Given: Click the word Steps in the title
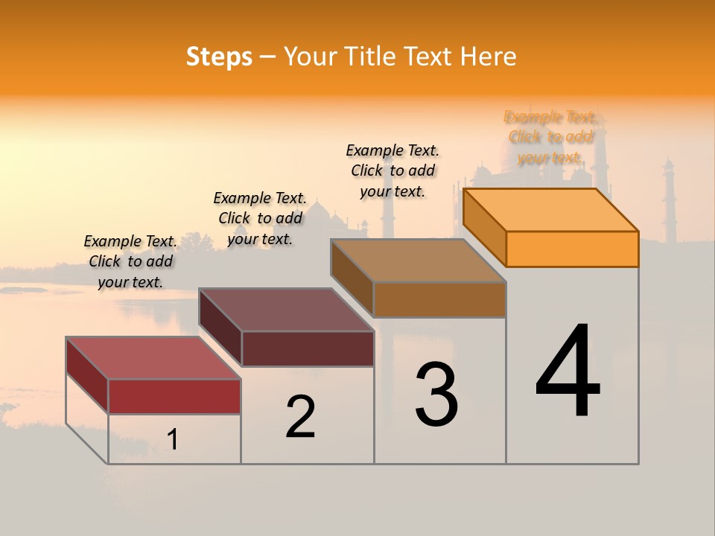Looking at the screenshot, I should [218, 57].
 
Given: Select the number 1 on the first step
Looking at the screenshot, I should [172, 440].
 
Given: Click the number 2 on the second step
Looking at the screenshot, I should [300, 417].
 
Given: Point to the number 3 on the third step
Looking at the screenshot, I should [436, 395].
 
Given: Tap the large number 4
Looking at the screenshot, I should [568, 372].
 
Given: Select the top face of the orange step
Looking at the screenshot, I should [551, 209].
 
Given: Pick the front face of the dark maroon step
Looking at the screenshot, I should [308, 348].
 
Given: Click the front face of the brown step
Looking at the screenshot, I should [439, 299].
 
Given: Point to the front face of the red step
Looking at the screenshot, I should [174, 396].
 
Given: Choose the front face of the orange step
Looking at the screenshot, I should [572, 249].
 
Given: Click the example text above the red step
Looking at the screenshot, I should [130, 261].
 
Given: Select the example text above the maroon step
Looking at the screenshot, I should [260, 218].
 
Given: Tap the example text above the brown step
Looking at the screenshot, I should [393, 170].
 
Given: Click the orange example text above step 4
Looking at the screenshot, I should [550, 137].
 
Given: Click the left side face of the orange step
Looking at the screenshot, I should [484, 226].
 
